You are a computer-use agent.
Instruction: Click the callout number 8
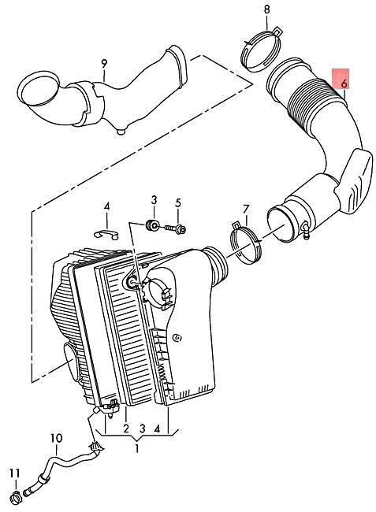pyautogui.click(x=266, y=9)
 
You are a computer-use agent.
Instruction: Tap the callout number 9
pyautogui.click(x=102, y=63)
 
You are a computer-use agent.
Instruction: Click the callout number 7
pyautogui.click(x=245, y=210)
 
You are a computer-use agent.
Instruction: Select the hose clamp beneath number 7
pyautogui.click(x=246, y=241)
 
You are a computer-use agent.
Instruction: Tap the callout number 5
pyautogui.click(x=178, y=202)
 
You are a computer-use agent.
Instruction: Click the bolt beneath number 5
pyautogui.click(x=177, y=228)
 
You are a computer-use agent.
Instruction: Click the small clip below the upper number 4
pyautogui.click(x=105, y=232)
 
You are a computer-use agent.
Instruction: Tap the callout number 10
pyautogui.click(x=56, y=438)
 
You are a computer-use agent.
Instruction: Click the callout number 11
pyautogui.click(x=13, y=473)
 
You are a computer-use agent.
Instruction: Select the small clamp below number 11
pyautogui.click(x=17, y=496)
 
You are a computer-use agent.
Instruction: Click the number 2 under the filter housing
pyautogui.click(x=125, y=429)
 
